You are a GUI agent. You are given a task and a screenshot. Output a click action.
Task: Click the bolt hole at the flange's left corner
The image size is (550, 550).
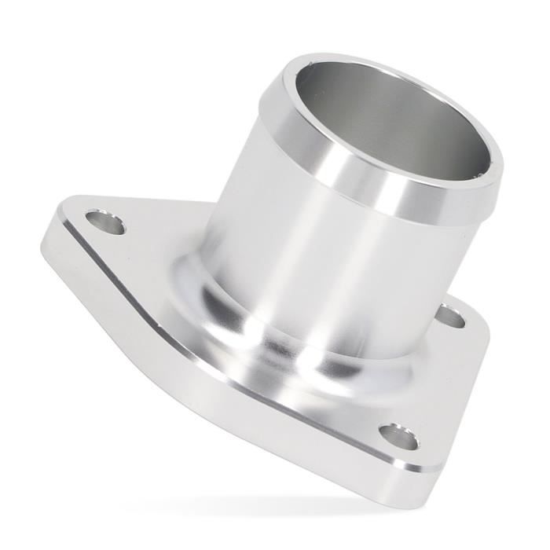105,222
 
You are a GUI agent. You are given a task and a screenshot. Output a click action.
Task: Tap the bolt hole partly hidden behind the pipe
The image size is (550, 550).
450,317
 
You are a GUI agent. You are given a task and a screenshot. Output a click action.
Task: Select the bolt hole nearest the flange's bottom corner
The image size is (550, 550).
399,436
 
